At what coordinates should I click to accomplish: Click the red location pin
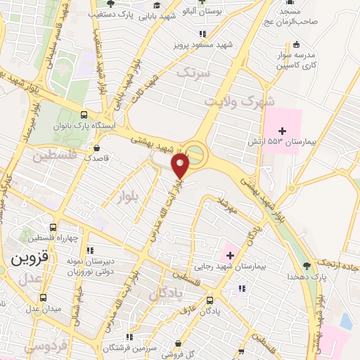click(181, 166)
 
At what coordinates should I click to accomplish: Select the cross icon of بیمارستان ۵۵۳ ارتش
click(283, 131)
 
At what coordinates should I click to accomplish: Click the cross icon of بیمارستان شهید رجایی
click(229, 254)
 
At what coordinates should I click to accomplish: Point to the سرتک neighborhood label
click(193, 72)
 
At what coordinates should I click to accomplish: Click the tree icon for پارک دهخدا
click(306, 265)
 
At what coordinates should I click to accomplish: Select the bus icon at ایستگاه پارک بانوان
click(85, 115)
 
